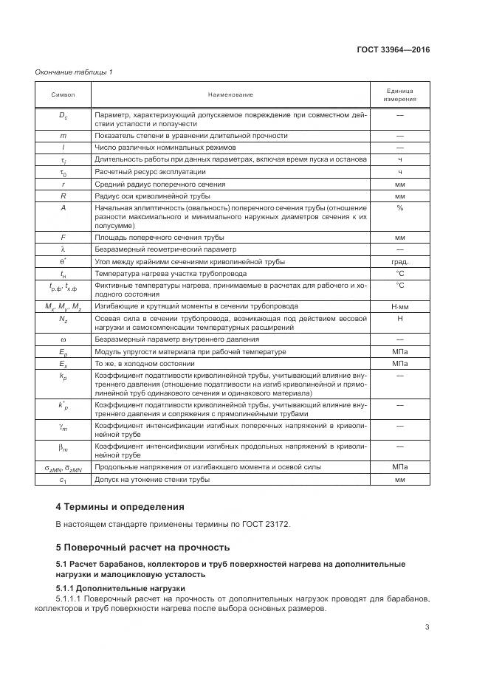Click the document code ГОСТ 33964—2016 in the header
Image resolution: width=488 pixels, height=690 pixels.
394,49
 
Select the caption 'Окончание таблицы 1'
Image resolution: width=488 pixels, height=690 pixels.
74,72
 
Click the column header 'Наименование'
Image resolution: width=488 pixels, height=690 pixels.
230,94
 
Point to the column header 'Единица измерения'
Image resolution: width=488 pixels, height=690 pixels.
399,94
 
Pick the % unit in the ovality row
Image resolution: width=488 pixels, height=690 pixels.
399,208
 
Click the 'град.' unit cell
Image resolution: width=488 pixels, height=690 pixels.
399,261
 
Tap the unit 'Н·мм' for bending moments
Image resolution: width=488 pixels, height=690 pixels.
399,306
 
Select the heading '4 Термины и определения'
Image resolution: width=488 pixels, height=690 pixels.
120,507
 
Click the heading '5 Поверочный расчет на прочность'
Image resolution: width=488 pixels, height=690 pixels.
142,547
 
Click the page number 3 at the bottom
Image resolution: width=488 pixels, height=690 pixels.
427,627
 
